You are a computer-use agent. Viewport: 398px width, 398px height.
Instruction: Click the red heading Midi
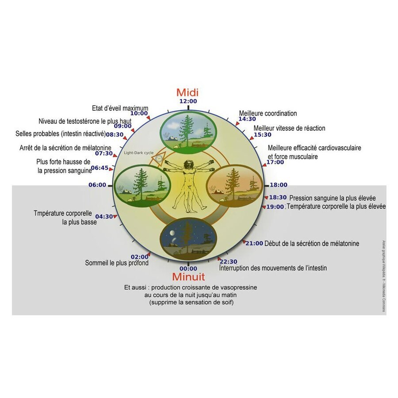pyautogui.click(x=188, y=92)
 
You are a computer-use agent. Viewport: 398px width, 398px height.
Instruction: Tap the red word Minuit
pyautogui.click(x=188, y=277)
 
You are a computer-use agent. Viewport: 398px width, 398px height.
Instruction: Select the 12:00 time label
pyautogui.click(x=188, y=101)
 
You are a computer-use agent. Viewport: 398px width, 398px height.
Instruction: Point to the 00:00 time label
pyautogui.click(x=188, y=268)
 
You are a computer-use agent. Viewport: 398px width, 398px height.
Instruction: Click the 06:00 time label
pyautogui.click(x=98, y=185)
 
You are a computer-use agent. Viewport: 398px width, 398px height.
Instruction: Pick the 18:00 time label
pyautogui.click(x=278, y=185)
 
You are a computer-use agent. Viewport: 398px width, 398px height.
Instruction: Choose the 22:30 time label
pyautogui.click(x=229, y=261)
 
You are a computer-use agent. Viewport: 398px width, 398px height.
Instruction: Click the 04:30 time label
pyautogui.click(x=104, y=217)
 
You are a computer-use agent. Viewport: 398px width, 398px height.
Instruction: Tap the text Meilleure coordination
pyautogui.click(x=268, y=114)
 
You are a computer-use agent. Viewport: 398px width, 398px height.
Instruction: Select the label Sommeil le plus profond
pyautogui.click(x=117, y=263)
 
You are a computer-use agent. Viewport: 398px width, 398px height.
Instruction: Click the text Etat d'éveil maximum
pyautogui.click(x=120, y=108)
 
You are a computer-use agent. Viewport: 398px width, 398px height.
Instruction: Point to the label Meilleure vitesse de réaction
pyautogui.click(x=289, y=128)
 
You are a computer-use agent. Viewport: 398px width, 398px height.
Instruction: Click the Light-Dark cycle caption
pyautogui.click(x=139, y=153)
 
